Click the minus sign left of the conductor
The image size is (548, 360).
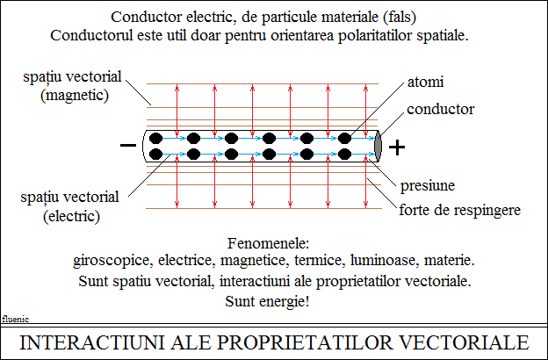point(128,145)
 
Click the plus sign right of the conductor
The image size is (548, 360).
point(397,148)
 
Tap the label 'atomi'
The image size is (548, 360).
point(425,83)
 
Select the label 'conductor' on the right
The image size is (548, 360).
point(440,110)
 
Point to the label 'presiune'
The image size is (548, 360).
point(428,185)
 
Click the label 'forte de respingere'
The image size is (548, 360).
point(460,210)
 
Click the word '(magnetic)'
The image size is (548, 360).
point(75,95)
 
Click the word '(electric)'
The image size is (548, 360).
point(72,216)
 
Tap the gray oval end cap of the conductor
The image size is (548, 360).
point(378,146)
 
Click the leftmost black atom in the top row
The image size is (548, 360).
point(155,139)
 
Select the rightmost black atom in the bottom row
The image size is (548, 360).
point(344,155)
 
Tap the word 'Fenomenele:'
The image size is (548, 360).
point(269,243)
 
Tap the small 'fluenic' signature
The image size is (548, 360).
point(15,319)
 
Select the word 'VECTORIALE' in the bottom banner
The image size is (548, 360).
point(464,342)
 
